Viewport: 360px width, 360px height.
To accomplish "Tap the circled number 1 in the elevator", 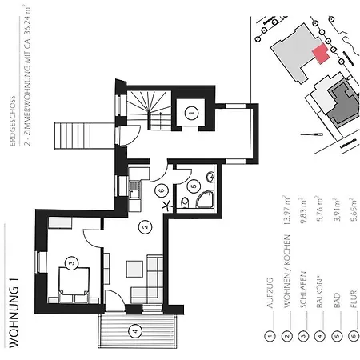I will click(190, 114).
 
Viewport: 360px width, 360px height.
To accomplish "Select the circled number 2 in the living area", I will click(145, 226).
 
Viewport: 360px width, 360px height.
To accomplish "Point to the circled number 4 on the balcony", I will click(134, 330).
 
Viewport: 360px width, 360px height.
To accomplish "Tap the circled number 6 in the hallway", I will click(161, 190).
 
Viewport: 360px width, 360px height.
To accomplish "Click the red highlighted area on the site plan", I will click(320, 54).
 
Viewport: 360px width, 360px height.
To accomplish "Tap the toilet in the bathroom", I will click(183, 204).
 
